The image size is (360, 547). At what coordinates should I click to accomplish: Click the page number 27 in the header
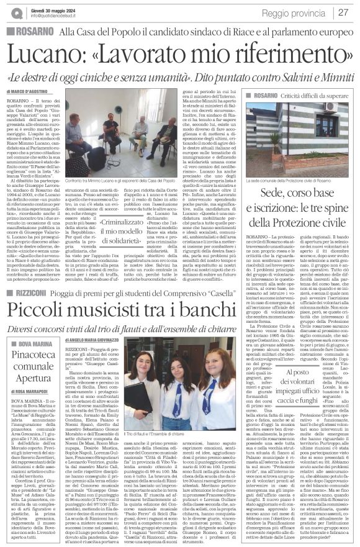344,13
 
